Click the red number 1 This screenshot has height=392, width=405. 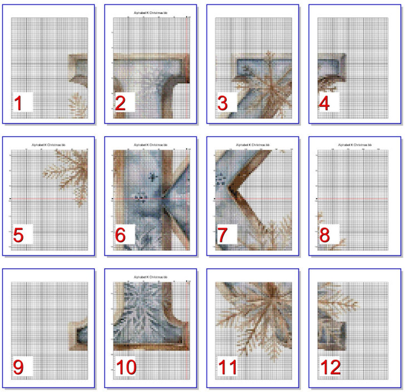coord(18,103)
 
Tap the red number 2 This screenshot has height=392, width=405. coord(120,103)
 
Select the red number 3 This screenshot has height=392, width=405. coord(222,103)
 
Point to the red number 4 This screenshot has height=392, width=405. coord(324,103)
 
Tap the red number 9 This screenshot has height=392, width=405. coord(18,367)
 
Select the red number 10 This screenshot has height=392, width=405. coord(126,367)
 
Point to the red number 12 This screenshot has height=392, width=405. coord(330,367)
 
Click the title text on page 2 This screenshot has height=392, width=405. coord(150,13)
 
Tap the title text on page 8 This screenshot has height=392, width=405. coord(355,145)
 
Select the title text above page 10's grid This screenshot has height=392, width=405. coord(150,277)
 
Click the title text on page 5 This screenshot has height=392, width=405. coord(48,145)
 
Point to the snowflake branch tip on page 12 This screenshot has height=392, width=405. coord(357,304)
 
